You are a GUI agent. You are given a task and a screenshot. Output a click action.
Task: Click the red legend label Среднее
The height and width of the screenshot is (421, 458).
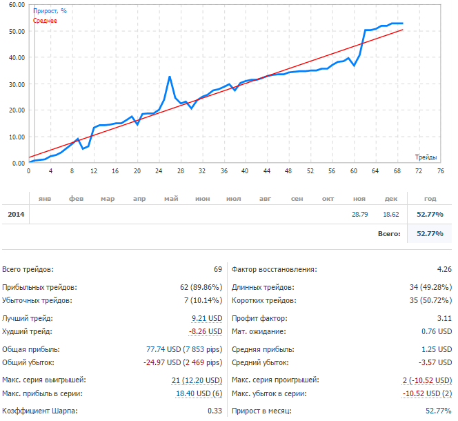(46, 21)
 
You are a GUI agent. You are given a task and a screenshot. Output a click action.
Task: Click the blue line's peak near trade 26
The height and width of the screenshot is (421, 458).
(170, 77)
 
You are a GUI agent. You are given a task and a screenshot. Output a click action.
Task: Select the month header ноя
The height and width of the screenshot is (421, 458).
(359, 199)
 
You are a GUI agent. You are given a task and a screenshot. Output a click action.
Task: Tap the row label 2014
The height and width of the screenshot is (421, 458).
(16, 215)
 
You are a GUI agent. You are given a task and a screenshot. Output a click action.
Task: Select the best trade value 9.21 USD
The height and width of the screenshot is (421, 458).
(207, 318)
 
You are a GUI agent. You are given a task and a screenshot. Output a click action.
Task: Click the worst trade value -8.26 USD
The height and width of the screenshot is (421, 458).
(206, 332)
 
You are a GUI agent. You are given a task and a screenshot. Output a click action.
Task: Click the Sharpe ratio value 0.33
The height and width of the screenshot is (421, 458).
(215, 411)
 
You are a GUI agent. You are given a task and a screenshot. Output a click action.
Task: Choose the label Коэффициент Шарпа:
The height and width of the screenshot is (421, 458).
(39, 411)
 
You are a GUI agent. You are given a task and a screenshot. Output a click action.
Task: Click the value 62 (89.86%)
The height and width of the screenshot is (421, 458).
(201, 287)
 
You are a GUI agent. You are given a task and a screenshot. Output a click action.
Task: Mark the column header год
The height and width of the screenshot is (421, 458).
(430, 199)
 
